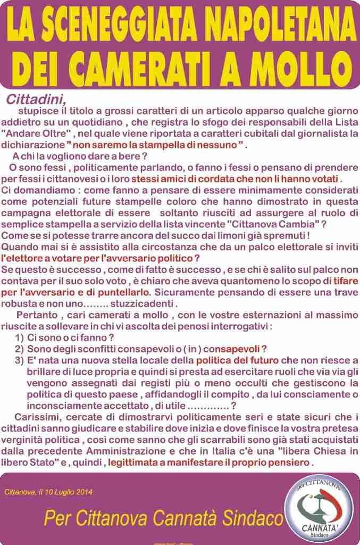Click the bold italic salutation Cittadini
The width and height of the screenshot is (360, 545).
click(x=36, y=99)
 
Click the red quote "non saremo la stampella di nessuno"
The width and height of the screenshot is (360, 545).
click(x=158, y=144)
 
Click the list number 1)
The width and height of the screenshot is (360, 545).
click(x=19, y=338)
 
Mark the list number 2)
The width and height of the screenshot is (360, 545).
click(x=19, y=349)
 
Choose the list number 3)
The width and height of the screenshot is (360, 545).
click(x=19, y=360)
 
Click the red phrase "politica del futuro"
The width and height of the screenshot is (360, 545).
click(x=245, y=360)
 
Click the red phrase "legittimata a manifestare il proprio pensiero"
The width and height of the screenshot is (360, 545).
click(x=210, y=463)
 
